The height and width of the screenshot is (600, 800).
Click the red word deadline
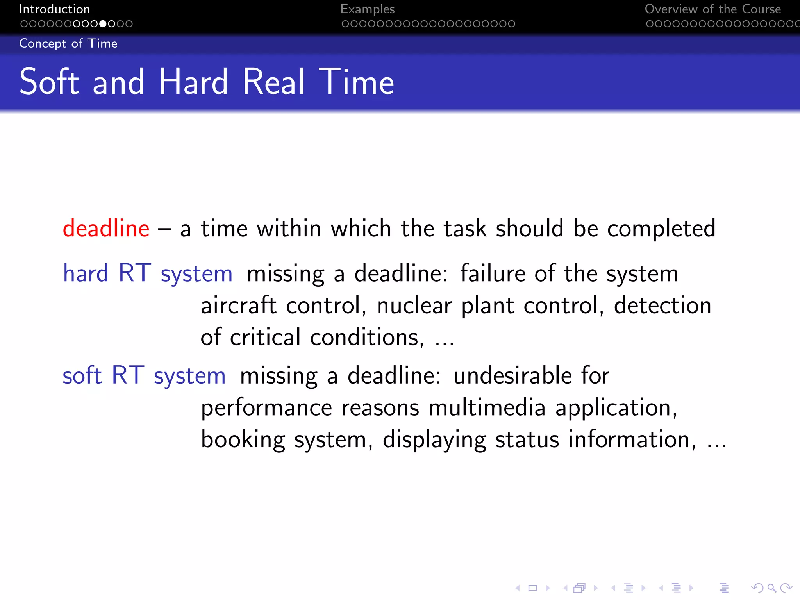click(x=106, y=228)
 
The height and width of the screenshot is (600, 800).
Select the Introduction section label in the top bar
click(x=54, y=9)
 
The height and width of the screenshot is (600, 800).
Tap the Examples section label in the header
click(x=367, y=9)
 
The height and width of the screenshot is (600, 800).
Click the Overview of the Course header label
click(x=712, y=9)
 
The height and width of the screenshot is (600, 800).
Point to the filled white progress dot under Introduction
click(x=103, y=24)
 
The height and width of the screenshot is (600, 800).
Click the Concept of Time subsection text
click(x=68, y=43)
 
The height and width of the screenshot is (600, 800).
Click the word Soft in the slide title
click(x=49, y=82)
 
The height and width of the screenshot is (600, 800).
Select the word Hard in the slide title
click(x=193, y=82)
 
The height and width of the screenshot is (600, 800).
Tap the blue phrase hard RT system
click(x=148, y=273)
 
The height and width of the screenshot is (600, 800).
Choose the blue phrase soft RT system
click(x=144, y=375)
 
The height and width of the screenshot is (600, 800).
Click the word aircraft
click(x=239, y=305)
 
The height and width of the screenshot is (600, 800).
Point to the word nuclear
click(x=414, y=306)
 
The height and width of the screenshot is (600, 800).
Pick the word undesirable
click(x=513, y=375)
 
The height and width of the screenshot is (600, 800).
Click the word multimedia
click(x=487, y=407)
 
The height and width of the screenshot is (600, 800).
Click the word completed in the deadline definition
click(x=661, y=229)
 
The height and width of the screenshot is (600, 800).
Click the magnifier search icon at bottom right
click(x=771, y=588)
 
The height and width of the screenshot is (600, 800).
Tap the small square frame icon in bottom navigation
click(x=533, y=588)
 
